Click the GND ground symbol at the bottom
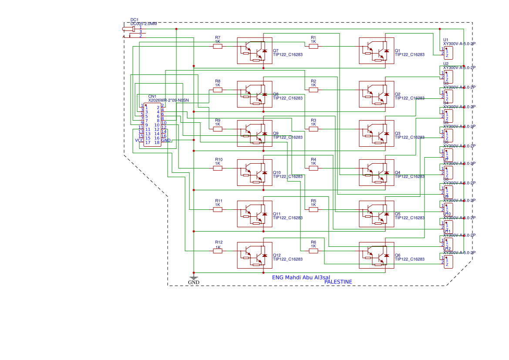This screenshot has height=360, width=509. [x=194, y=279]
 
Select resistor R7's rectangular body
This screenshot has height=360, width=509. [x=218, y=47]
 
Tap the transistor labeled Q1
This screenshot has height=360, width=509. [x=376, y=51]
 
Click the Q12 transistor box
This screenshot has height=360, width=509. [x=254, y=256]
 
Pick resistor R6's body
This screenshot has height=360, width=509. [x=313, y=251]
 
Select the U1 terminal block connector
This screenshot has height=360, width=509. [x=448, y=53]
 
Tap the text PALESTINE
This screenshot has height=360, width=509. [x=338, y=282]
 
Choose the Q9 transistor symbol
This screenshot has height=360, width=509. [x=254, y=134]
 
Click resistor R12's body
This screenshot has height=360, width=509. [x=218, y=251]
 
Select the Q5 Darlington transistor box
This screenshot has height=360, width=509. [x=376, y=214]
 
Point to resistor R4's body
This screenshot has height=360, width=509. [x=313, y=168]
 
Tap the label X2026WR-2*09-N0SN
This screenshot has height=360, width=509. [x=168, y=101]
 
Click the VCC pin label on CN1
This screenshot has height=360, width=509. [x=139, y=141]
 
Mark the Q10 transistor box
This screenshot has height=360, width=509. [x=254, y=173]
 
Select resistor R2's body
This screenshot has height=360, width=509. [x=313, y=90]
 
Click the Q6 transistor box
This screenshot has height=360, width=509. [x=376, y=256]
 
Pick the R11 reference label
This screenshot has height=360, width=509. [x=219, y=201]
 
